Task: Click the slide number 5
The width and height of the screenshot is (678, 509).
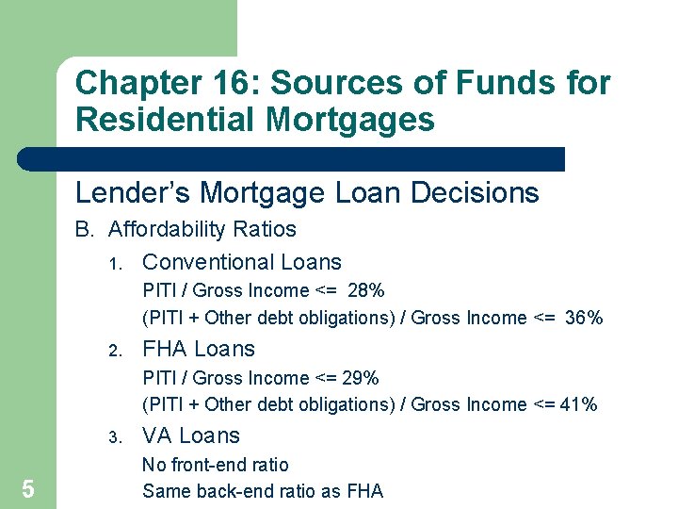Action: (x=28, y=488)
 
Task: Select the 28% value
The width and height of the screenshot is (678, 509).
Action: (x=364, y=290)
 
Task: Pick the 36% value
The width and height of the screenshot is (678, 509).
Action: (x=584, y=318)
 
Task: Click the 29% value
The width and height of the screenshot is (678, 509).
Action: (x=360, y=378)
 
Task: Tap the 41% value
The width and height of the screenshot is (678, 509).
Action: (x=578, y=404)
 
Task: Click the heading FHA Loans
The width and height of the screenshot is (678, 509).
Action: (x=199, y=349)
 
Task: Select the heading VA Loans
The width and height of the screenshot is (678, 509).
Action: (x=191, y=435)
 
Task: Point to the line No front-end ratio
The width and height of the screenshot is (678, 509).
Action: (x=216, y=465)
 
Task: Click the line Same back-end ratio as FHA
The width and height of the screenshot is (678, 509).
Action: (x=263, y=490)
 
